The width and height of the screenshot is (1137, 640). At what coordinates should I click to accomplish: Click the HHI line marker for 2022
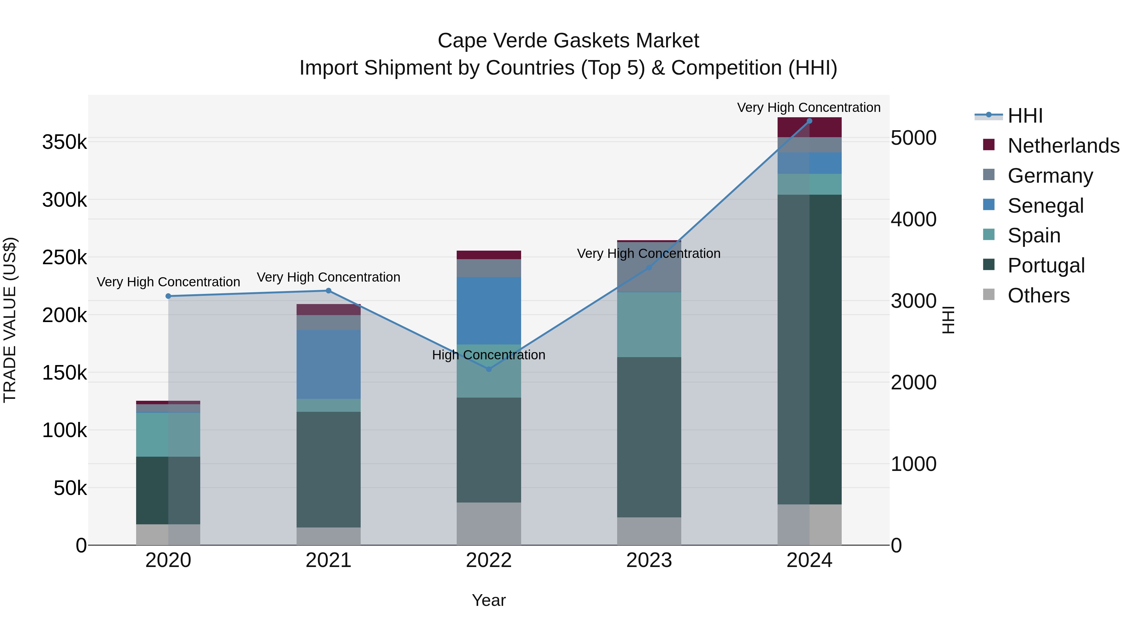point(489,369)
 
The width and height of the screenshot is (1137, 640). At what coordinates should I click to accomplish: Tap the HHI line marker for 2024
point(809,121)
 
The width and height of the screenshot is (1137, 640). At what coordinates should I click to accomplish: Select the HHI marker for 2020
point(168,296)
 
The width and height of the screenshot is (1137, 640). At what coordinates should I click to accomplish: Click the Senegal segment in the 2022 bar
point(489,310)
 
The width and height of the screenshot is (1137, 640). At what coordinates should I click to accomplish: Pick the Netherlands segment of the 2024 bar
point(809,127)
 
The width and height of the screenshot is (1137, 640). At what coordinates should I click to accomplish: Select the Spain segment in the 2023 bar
point(649,325)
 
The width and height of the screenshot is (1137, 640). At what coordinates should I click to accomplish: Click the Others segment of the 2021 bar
point(328,536)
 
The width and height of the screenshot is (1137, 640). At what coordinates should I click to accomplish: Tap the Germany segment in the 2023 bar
point(649,274)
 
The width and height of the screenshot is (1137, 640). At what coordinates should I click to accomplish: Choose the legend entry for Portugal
point(1046,265)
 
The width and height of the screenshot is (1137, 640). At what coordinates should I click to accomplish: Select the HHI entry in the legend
point(1025,116)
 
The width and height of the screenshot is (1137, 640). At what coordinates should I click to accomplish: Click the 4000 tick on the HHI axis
point(913,219)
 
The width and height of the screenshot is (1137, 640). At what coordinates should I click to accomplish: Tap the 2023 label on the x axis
point(649,560)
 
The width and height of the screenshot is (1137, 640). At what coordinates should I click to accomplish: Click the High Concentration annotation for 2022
point(489,355)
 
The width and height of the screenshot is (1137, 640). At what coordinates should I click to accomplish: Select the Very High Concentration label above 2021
point(328,277)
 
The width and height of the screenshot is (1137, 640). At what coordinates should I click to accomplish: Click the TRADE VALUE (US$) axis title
point(10,320)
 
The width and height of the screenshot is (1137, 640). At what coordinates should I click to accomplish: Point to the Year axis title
point(489,600)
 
